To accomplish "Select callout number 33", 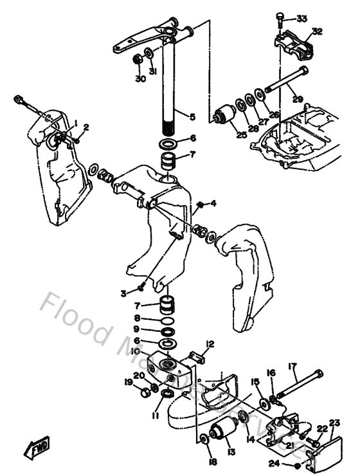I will click(x=301, y=18).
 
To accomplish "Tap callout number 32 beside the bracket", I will click(x=317, y=31).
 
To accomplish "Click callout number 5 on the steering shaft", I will click(x=192, y=116).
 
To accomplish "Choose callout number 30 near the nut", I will click(x=140, y=79).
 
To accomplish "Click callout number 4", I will click(x=213, y=205).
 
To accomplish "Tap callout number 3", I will click(x=123, y=293).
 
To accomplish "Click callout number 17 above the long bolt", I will click(x=292, y=367).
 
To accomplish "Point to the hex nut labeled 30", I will click(x=137, y=60).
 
